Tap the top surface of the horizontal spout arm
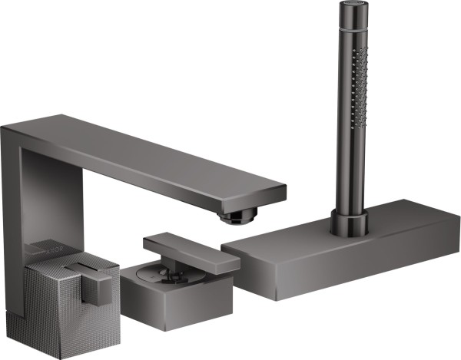(x=154, y=154)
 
